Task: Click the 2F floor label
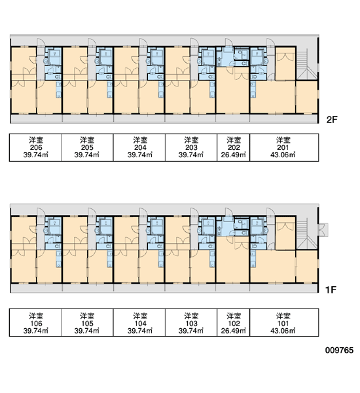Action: (x=332, y=120)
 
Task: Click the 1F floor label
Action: (x=331, y=290)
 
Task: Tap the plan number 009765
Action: (x=339, y=350)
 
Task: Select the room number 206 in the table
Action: (x=36, y=147)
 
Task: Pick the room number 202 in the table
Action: (x=234, y=147)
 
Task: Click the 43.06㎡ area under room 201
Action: (x=283, y=155)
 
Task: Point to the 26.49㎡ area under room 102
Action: (x=234, y=331)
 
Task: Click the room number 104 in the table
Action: (x=140, y=324)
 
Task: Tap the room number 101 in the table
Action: (x=283, y=324)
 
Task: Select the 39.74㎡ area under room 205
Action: (x=87, y=155)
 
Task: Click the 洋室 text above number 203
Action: (x=191, y=140)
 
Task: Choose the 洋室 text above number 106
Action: (x=36, y=316)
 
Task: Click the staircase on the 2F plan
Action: (x=306, y=64)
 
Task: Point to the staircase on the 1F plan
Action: (x=306, y=234)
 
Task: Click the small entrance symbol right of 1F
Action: (x=323, y=230)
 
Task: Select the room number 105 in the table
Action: (x=87, y=324)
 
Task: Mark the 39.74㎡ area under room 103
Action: (x=191, y=331)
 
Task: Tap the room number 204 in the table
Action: (x=140, y=147)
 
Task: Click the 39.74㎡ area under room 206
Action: (x=36, y=155)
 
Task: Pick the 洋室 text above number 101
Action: (x=283, y=316)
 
